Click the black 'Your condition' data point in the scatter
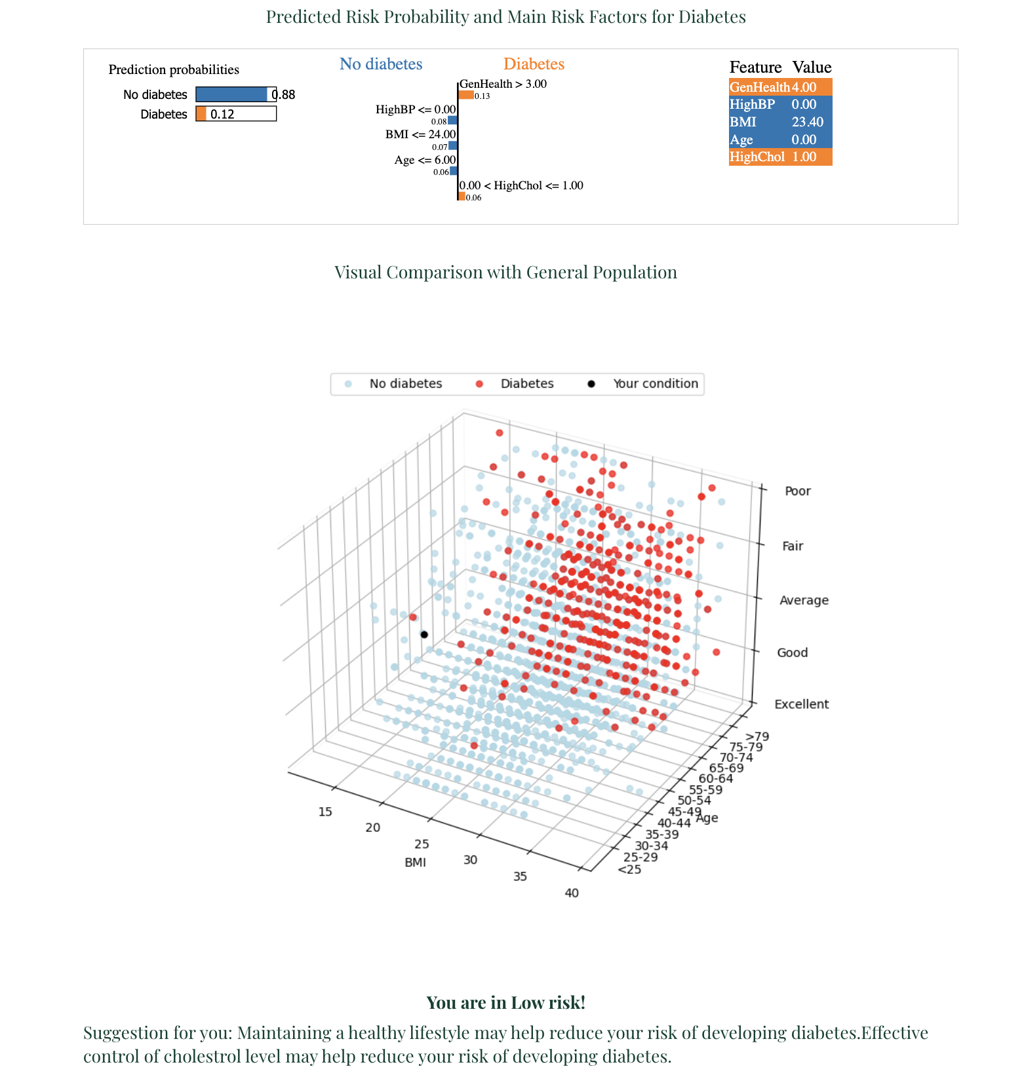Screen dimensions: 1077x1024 pyautogui.click(x=424, y=634)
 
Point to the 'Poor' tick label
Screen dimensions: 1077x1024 pyautogui.click(x=797, y=491)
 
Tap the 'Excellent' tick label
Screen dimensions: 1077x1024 pyautogui.click(x=801, y=704)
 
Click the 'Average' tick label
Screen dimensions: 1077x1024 pyautogui.click(x=804, y=601)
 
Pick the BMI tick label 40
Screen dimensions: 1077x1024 pyautogui.click(x=572, y=893)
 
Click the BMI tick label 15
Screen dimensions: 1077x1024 pyautogui.click(x=325, y=812)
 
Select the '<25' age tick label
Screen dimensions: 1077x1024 pyautogui.click(x=629, y=869)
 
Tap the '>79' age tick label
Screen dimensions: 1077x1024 pyautogui.click(x=757, y=736)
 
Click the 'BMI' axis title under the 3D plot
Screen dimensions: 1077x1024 pyautogui.click(x=416, y=862)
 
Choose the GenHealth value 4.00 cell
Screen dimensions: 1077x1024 pyautogui.click(x=804, y=87)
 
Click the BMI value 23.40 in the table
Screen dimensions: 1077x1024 pyautogui.click(x=807, y=122)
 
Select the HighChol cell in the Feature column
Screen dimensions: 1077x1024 pyautogui.click(x=757, y=157)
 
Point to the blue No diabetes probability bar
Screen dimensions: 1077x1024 pyautogui.click(x=231, y=95)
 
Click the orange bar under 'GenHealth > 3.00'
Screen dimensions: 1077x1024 pyautogui.click(x=466, y=95)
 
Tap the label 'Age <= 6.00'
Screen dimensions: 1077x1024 pyautogui.click(x=425, y=161)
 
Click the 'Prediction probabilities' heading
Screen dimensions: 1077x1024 pyautogui.click(x=174, y=69)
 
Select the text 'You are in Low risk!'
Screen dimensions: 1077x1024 pyautogui.click(x=505, y=1003)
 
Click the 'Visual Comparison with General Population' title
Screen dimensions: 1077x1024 pyautogui.click(x=505, y=273)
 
